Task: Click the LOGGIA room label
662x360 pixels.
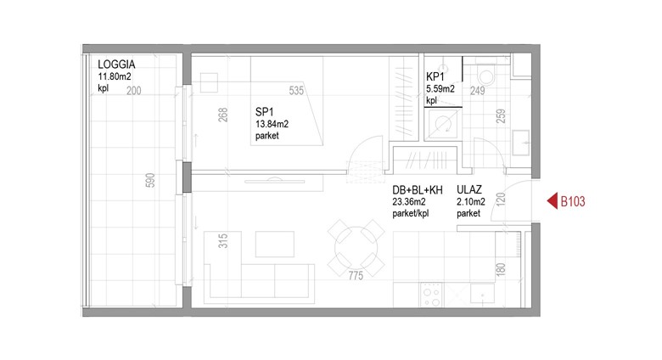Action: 116,65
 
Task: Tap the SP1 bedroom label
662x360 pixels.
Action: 264,112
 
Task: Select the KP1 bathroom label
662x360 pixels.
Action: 435,77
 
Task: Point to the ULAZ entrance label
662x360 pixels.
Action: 469,189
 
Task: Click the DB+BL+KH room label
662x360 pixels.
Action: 418,190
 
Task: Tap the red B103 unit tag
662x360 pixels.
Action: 573,201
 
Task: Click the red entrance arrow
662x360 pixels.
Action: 553,201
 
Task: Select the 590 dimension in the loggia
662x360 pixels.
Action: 150,180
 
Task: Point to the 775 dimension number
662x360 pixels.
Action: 356,275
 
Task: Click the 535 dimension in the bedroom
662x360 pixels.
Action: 296,90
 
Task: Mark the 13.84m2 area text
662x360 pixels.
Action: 272,124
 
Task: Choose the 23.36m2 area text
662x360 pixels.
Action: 409,202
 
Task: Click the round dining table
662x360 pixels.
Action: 356,248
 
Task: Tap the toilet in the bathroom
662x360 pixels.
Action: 486,75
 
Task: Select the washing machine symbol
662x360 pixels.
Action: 443,124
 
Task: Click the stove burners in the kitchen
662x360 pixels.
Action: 432,295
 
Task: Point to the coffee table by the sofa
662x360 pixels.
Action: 275,244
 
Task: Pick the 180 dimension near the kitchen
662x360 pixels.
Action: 501,269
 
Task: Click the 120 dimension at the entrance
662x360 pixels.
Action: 501,200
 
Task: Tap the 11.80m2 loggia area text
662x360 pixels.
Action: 115,76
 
